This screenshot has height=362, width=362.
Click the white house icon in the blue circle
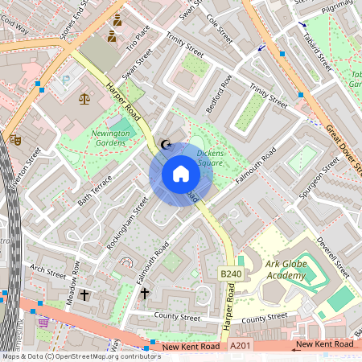[x=180, y=174]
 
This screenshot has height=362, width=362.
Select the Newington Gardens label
[x=109, y=137]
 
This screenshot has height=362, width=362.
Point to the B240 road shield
[x=231, y=274]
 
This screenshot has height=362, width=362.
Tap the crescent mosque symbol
[x=167, y=144]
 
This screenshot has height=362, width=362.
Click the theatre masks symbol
[x=14, y=138]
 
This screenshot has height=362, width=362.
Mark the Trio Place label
[x=138, y=37]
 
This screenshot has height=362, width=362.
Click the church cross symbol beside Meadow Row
[x=84, y=295]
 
